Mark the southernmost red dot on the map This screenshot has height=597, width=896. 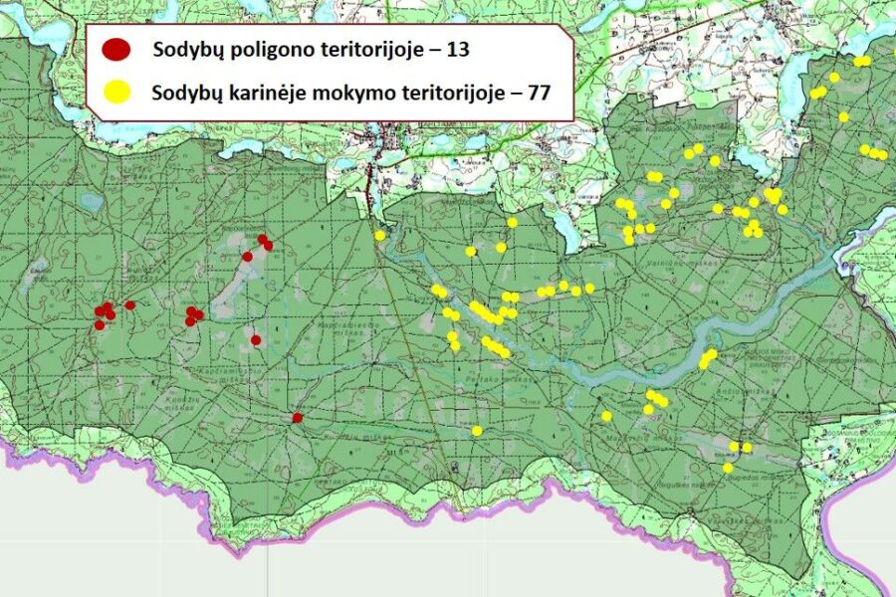pyautogui.click(x=297, y=418)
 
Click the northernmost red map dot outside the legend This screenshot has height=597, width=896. pyautogui.click(x=263, y=239)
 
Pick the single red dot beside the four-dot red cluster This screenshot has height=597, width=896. pyautogui.click(x=130, y=305)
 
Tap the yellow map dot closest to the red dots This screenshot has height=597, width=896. pyautogui.click(x=379, y=235)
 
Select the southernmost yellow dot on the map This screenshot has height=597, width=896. pyautogui.click(x=728, y=468)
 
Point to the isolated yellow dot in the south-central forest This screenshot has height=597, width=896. pyautogui.click(x=477, y=431)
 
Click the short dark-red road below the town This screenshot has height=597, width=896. pyautogui.click(x=370, y=184)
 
